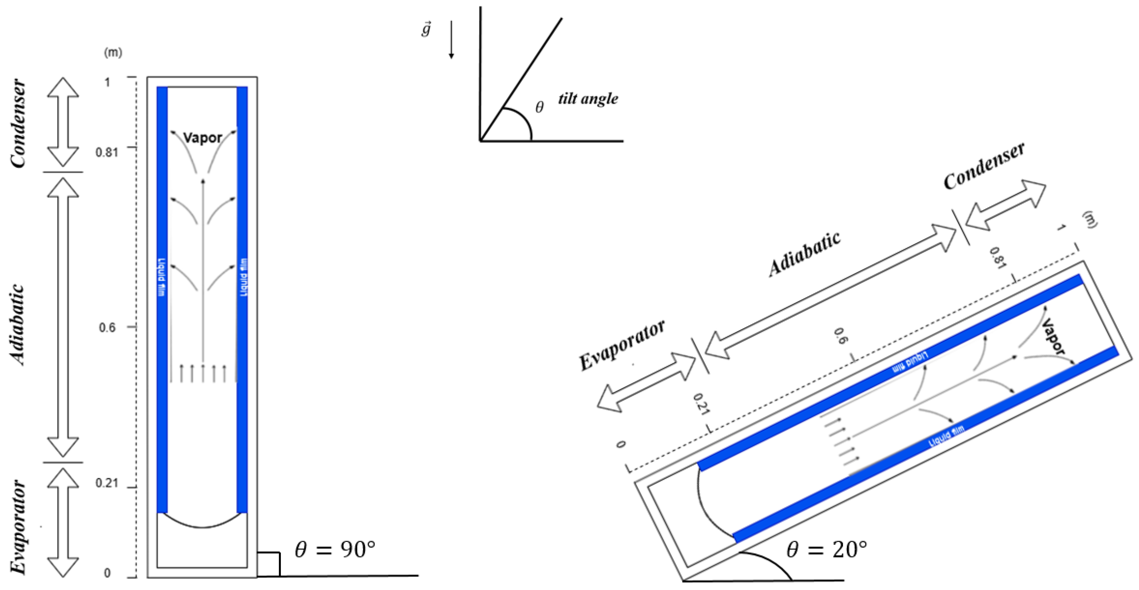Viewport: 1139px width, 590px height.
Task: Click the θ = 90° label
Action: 335,550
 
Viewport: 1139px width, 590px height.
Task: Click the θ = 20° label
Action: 826,550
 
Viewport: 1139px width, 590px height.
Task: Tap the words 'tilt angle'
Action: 588,99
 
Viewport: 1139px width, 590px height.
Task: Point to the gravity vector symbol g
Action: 426,29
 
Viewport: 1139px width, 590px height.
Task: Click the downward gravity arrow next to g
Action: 451,40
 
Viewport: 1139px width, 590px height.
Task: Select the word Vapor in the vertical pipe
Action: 203,138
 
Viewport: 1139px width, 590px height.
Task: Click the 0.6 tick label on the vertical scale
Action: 107,328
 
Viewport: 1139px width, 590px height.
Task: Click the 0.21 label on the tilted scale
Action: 701,404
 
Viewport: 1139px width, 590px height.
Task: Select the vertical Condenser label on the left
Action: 19,124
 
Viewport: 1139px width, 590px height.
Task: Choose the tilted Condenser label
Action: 984,166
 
